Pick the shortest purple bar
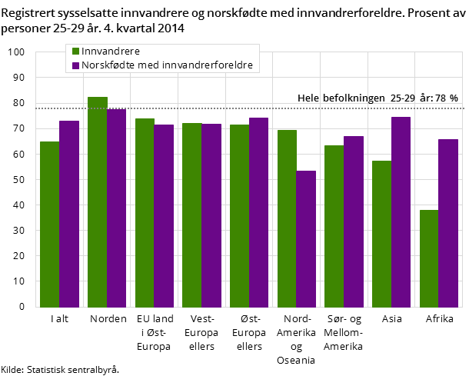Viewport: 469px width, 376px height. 306,238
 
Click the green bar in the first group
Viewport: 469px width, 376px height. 49,224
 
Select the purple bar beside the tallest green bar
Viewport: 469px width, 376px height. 116,208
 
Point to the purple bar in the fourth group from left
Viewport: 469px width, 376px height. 211,215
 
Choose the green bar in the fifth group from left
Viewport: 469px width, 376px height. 239,215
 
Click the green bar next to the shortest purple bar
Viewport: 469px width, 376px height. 287,218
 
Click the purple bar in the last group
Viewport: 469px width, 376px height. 448,223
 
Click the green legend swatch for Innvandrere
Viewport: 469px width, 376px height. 76,52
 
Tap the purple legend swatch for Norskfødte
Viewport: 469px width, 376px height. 76,65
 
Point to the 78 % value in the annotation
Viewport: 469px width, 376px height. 448,98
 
